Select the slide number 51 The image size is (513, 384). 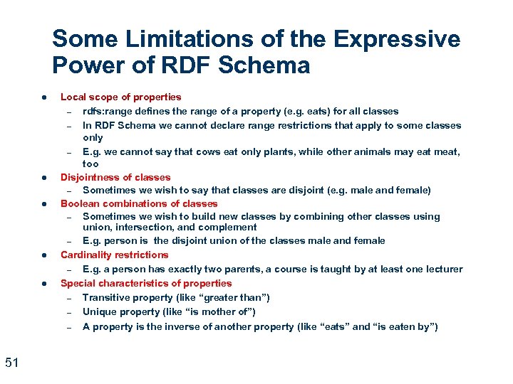[x=11, y=363]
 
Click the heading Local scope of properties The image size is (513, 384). [x=120, y=97]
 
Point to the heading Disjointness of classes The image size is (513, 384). [x=115, y=177]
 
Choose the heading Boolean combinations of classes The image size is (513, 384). [x=139, y=203]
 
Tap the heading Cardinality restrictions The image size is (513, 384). [x=114, y=255]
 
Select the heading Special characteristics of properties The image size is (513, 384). [x=146, y=283]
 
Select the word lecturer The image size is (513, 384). [x=442, y=269]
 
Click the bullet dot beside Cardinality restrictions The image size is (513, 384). [x=44, y=255]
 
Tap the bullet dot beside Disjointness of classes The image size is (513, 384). [x=44, y=177]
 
